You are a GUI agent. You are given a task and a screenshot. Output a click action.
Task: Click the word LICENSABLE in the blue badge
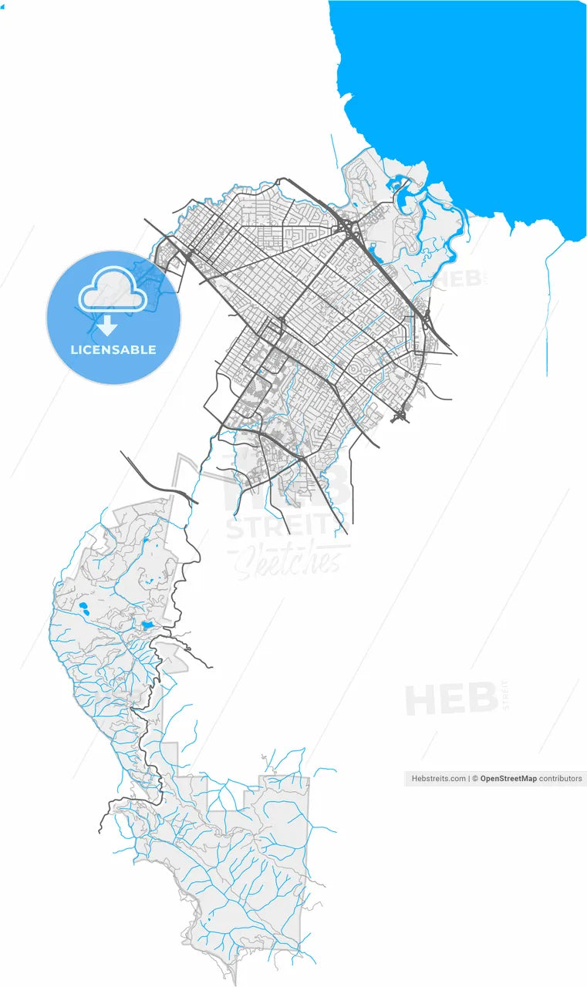click(x=113, y=349)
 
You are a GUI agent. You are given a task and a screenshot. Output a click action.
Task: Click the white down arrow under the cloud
click(x=106, y=325)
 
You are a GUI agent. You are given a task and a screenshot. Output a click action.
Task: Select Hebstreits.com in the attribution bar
click(x=438, y=779)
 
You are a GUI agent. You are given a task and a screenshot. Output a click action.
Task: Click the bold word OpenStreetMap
click(x=508, y=779)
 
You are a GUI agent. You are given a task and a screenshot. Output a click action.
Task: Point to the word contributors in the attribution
click(x=561, y=779)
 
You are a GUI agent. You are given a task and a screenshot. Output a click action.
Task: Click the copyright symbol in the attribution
click(x=475, y=779)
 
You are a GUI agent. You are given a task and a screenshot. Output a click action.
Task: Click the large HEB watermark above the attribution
click(x=451, y=700)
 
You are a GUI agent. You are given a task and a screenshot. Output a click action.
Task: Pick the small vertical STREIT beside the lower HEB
click(x=505, y=696)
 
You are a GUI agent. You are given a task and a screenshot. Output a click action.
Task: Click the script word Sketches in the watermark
click(x=287, y=561)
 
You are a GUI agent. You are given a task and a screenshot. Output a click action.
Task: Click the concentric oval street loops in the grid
click(x=356, y=370)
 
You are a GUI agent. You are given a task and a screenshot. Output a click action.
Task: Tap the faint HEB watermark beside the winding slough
click(x=460, y=278)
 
